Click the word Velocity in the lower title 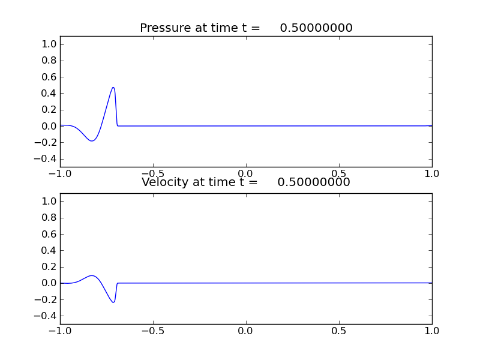pos(166,182)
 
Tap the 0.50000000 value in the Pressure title pos(316,28)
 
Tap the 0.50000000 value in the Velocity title pos(314,182)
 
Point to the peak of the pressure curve pos(113,88)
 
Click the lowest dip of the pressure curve pos(91,141)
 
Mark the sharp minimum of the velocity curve pos(113,302)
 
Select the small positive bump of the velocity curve pos(92,276)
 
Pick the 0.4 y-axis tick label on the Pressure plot pos(50,94)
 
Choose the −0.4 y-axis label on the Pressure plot pos(47,159)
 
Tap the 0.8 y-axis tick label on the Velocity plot pos(50,218)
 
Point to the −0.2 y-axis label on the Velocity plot pos(47,299)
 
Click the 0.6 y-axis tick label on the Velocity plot pos(50,234)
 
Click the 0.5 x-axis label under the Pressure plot pos(339,173)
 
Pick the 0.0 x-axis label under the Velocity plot pos(246,331)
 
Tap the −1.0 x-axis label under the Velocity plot pos(58,331)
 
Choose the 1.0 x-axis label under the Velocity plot pos(432,331)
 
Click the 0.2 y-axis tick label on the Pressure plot pos(50,110)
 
